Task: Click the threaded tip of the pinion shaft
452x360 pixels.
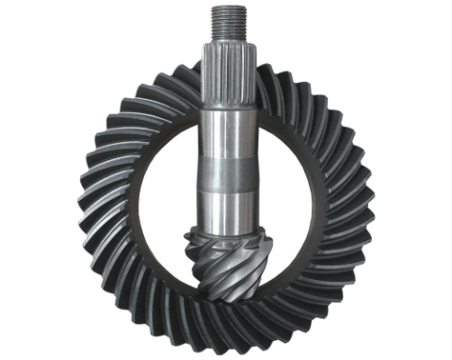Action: pyautogui.click(x=226, y=18)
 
